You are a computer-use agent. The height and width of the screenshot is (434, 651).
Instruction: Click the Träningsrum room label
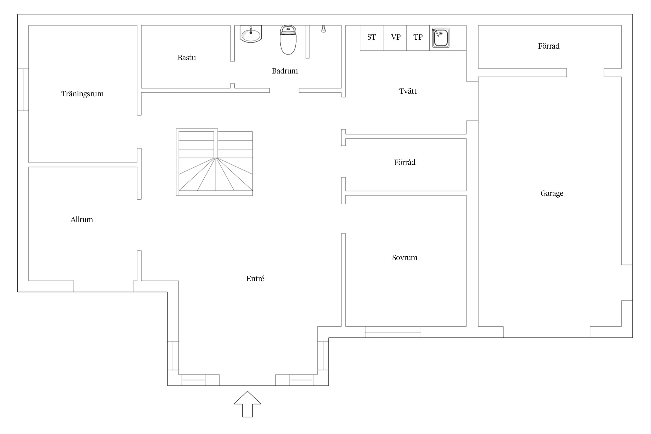pyautogui.click(x=82, y=94)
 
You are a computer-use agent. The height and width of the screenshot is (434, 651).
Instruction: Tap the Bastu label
pyautogui.click(x=187, y=58)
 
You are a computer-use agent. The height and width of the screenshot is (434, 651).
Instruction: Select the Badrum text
pyautogui.click(x=285, y=71)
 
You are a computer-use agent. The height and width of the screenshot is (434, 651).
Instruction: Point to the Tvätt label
pyautogui.click(x=408, y=91)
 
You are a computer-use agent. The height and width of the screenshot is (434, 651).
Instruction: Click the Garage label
pyautogui.click(x=552, y=193)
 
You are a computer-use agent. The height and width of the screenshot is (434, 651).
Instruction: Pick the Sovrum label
pyautogui.click(x=404, y=258)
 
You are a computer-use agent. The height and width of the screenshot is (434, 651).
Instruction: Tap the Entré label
pyautogui.click(x=255, y=279)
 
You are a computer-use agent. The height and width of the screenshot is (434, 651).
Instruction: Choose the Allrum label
pyautogui.click(x=82, y=220)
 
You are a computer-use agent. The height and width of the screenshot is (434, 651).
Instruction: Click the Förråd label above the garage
pyautogui.click(x=549, y=46)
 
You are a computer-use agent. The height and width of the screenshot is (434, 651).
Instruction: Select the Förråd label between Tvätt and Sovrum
pyautogui.click(x=404, y=162)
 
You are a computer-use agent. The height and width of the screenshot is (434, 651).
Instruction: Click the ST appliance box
pyautogui.click(x=372, y=38)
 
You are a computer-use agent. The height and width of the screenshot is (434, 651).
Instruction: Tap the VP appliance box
pyautogui.click(x=395, y=38)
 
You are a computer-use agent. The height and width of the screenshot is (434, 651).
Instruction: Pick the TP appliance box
pyautogui.click(x=418, y=38)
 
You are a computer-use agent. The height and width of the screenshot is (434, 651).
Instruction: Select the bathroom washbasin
pyautogui.click(x=251, y=34)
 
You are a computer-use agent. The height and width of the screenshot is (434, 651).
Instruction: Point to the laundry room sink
pyautogui.click(x=441, y=38)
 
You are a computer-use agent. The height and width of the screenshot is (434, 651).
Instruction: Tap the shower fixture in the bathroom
pyautogui.click(x=323, y=29)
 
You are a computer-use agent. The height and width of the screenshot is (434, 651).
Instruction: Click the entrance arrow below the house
pyautogui.click(x=247, y=404)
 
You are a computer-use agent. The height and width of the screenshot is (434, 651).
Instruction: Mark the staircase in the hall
pyautogui.click(x=214, y=162)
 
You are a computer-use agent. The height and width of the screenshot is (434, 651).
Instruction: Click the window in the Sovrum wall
pyautogui.click(x=393, y=332)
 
